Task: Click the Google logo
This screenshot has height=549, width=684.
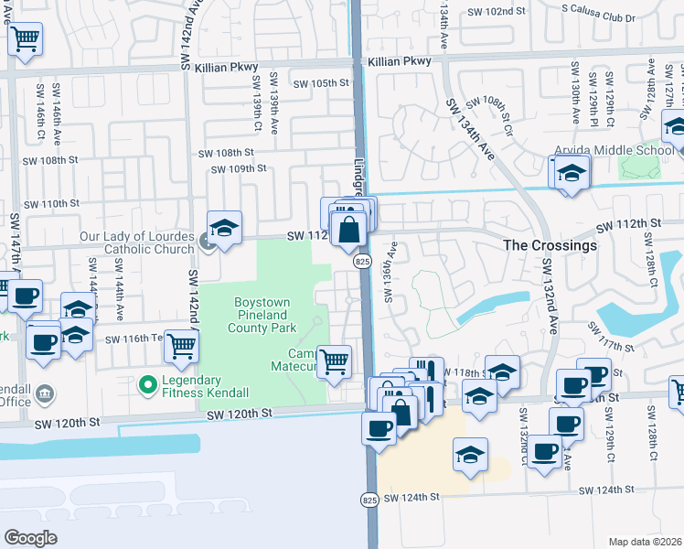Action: pos(30,538)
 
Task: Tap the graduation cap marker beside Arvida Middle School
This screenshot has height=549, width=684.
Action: pos(571,172)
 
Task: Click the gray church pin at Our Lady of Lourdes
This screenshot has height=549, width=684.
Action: pos(208,242)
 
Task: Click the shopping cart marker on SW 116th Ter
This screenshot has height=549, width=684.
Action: pos(182,345)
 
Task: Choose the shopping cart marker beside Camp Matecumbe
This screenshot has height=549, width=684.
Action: pos(335,360)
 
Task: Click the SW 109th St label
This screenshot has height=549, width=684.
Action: pos(238,168)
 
